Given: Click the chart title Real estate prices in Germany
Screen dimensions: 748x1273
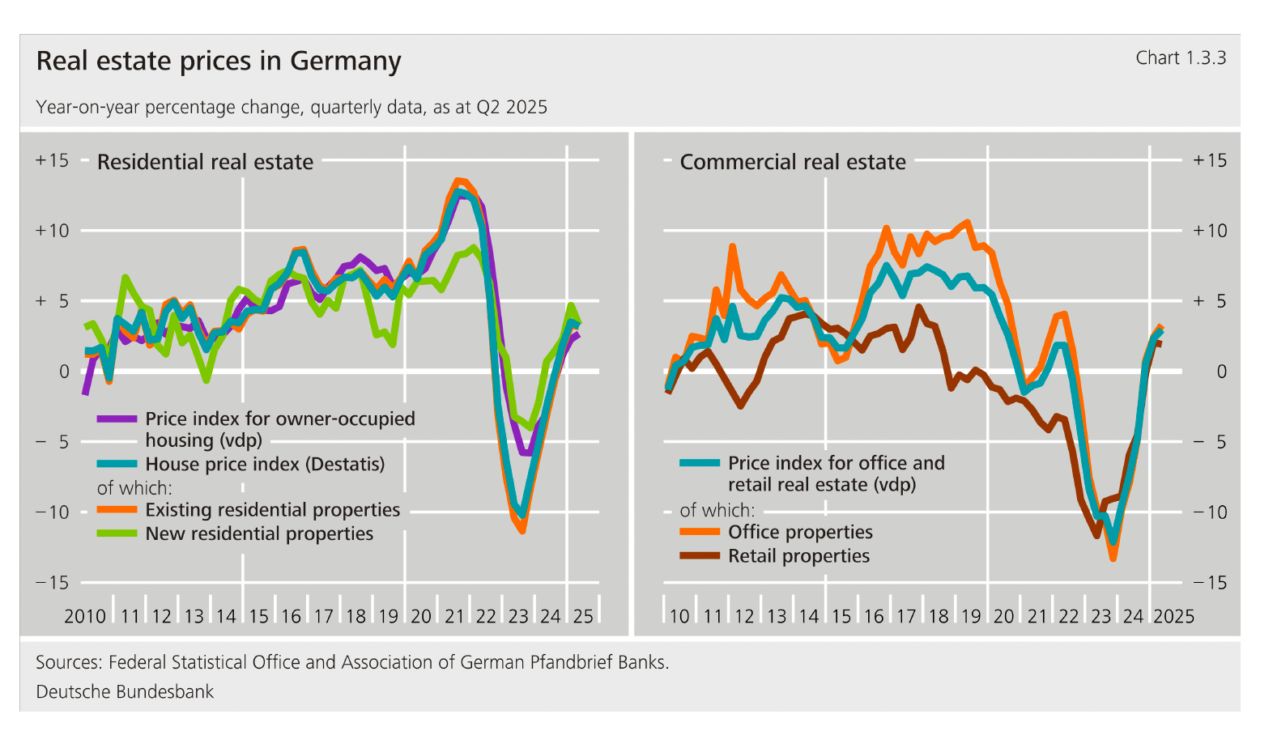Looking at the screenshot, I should (219, 62).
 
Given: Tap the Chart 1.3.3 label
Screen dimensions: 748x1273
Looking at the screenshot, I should (1180, 58).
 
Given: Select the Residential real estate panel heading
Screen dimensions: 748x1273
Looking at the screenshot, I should (205, 162).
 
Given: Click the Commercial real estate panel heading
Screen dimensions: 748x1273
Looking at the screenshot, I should (792, 162).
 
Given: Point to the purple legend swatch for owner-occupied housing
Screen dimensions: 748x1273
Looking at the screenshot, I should (117, 419).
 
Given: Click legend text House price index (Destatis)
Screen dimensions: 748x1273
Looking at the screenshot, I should (264, 465).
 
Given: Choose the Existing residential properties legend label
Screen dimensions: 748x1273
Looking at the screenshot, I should (272, 510).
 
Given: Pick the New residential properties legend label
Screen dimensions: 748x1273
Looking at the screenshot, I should (259, 534).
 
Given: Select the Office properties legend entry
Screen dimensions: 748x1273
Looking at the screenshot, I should (799, 533).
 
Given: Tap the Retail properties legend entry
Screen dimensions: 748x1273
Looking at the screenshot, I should (798, 556).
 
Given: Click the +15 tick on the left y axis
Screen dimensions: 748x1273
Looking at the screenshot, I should (52, 160).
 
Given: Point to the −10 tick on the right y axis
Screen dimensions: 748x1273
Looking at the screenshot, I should (1210, 512).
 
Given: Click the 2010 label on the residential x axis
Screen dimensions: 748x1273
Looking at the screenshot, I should (84, 617).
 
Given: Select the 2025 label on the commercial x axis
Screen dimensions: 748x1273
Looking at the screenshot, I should (1173, 617).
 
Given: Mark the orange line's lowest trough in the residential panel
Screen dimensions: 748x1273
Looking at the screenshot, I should (522, 530).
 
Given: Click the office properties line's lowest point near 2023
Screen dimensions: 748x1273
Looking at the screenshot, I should (1113, 558).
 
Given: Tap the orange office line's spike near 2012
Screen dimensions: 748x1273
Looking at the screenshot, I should (732, 246).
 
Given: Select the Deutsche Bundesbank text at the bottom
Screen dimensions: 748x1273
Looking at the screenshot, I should (125, 692).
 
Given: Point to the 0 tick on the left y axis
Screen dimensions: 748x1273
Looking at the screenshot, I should (64, 372).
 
